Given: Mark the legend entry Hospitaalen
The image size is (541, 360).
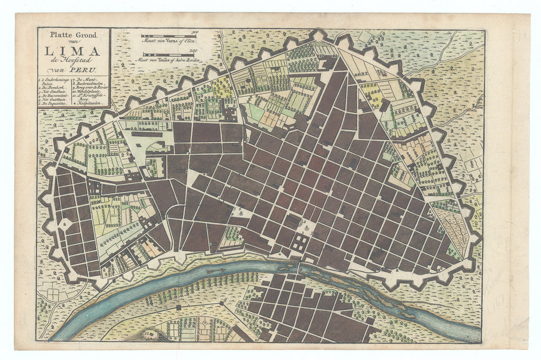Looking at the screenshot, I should [88, 103].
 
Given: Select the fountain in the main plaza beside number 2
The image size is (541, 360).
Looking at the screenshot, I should [306, 225].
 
